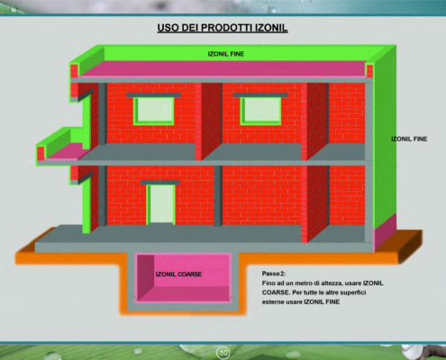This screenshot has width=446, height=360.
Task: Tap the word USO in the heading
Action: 168,28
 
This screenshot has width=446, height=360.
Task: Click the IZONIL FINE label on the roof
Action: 226,54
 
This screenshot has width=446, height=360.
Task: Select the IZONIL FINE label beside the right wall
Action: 409,139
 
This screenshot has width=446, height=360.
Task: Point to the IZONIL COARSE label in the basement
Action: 178,274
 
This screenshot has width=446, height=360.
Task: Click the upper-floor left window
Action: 154,111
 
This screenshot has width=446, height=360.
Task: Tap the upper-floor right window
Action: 260,111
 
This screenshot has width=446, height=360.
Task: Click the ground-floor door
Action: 161,204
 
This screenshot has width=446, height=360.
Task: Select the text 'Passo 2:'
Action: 274,274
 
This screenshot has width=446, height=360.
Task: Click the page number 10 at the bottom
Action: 223,353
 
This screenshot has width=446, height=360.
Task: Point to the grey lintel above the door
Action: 160,182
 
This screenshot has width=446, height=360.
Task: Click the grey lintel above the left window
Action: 153,95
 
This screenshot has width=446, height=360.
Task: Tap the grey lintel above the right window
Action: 260,95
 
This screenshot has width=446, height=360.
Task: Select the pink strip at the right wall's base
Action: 385,232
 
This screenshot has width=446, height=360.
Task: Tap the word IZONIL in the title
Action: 271,28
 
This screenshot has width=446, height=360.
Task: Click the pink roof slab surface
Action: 223,68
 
